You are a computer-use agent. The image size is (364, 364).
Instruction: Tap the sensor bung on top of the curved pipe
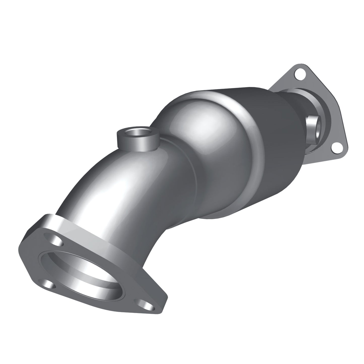(138, 138)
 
